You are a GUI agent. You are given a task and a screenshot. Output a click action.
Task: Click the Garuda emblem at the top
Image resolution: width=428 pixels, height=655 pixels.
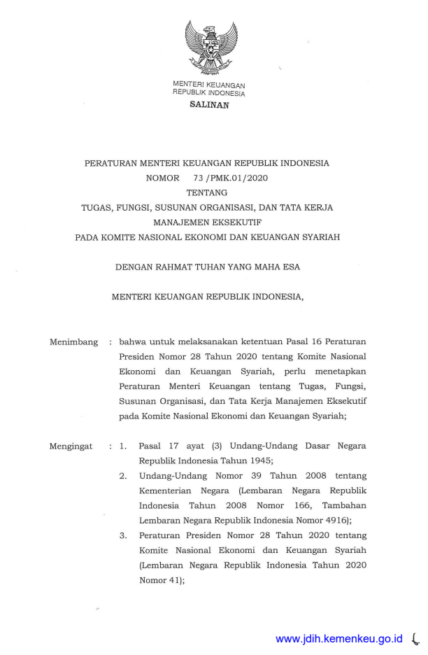pos(211,48)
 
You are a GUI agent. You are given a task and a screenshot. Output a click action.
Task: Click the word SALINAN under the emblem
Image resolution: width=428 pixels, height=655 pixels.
pos(209,105)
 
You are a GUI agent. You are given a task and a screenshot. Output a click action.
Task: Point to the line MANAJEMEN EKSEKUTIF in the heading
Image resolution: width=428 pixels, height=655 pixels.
pos(207,223)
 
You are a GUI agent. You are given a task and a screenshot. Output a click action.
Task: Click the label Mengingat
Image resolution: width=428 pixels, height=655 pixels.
pos(71,446)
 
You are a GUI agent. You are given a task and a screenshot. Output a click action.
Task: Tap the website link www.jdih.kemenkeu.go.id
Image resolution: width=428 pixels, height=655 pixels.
pos(339,638)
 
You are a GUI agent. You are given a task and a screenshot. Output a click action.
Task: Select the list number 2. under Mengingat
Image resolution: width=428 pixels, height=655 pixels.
pos(122,476)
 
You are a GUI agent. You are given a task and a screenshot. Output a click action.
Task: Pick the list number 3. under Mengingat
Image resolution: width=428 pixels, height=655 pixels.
pos(122,535)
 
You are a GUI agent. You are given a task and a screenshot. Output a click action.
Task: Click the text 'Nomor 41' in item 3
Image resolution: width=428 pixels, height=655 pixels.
pos(160,579)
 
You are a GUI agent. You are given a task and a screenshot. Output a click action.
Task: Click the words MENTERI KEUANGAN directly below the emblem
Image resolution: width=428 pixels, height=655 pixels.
pos(209,85)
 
